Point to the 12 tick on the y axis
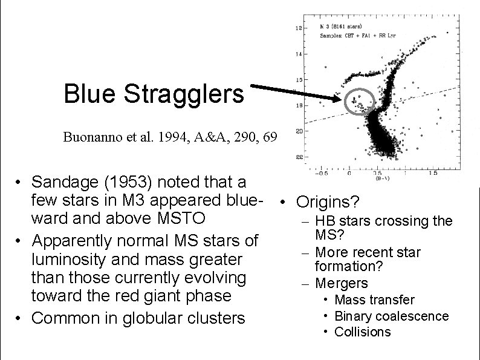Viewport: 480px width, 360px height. pos(298,28)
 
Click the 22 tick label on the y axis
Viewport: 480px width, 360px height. pos(298,157)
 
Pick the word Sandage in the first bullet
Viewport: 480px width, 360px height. pos(63,182)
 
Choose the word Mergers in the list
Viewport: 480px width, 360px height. pos(342,283)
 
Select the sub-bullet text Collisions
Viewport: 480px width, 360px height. pos(363,332)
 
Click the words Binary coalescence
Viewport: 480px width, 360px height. pos(391,316)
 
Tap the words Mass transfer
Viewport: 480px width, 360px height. pos(374,300)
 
